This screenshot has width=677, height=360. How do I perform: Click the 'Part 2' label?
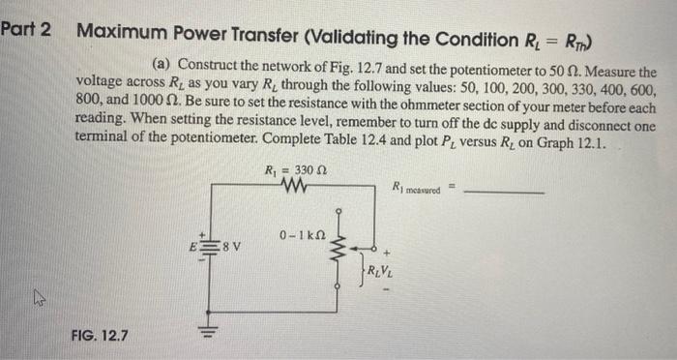tap(26, 28)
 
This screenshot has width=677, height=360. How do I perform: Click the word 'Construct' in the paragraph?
tap(207, 64)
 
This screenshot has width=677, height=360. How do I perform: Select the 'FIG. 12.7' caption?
tap(101, 337)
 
